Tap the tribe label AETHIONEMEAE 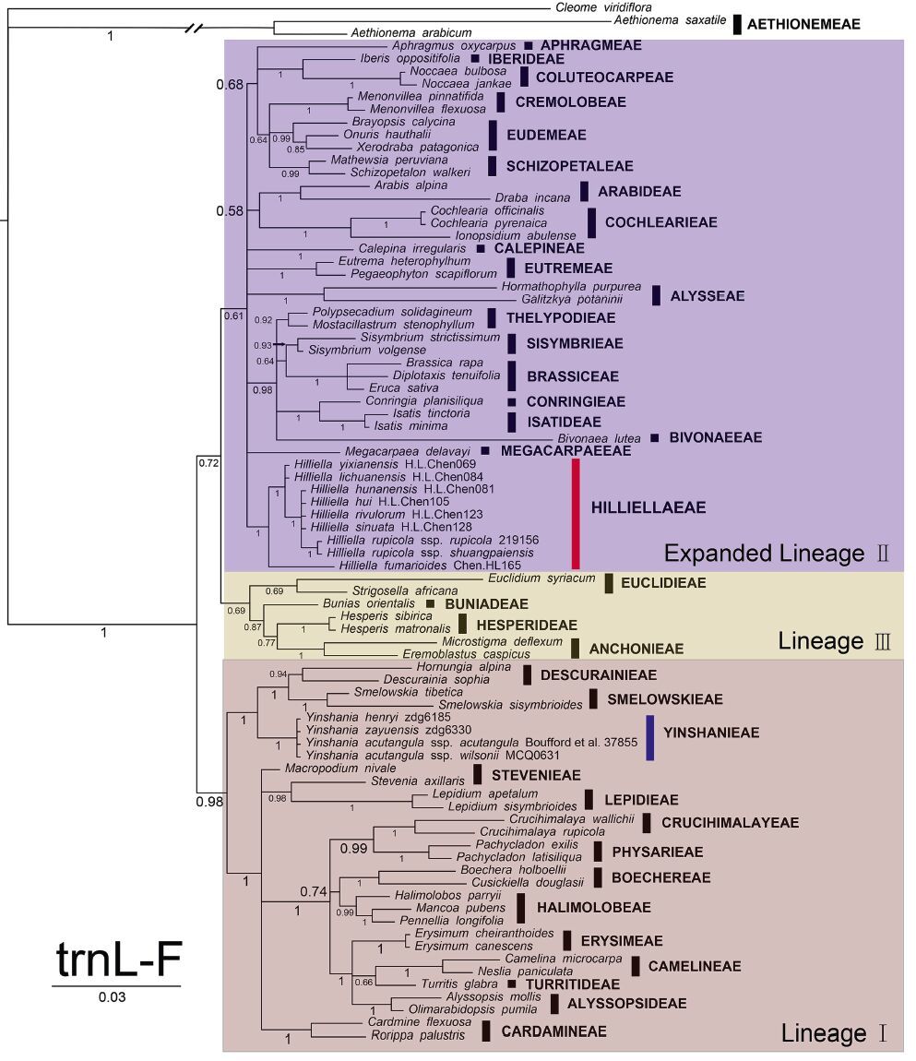(802, 24)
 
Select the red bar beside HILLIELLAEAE (576, 513)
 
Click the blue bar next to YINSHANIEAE (649, 733)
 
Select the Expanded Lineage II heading (777, 554)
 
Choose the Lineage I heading (834, 1033)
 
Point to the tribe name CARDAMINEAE (553, 1031)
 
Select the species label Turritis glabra (464, 984)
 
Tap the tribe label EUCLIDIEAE (663, 583)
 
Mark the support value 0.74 (314, 890)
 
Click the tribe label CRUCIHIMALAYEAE (730, 823)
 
